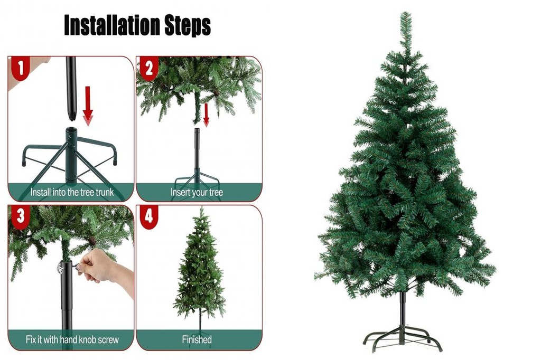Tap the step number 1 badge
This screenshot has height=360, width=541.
coord(20,68)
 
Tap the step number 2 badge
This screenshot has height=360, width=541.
coord(148,68)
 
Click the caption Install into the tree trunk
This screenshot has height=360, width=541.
coord(71,192)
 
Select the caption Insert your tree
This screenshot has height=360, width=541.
coord(197,192)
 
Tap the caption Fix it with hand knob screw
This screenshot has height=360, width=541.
coord(72,339)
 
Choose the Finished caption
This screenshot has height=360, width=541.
coord(197,339)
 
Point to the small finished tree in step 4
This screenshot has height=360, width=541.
coord(200,269)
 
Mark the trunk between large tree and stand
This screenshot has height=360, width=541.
coord(403,306)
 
